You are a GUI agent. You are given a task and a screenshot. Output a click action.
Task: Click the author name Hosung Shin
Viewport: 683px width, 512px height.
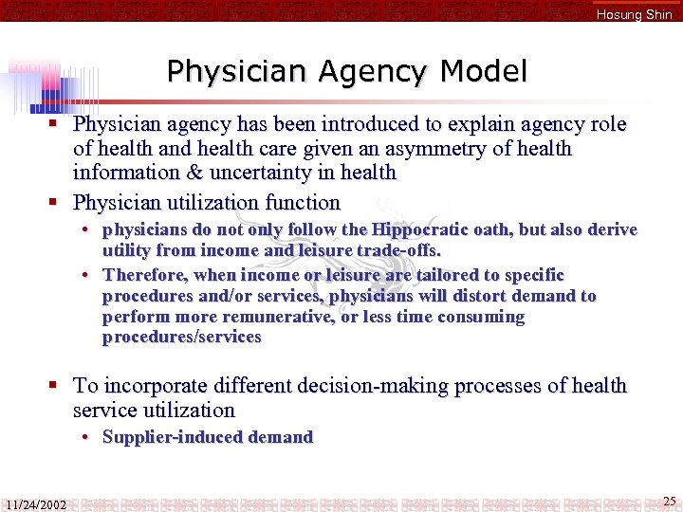(634, 14)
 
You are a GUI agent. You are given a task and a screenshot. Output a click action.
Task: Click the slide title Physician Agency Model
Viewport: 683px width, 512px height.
(346, 71)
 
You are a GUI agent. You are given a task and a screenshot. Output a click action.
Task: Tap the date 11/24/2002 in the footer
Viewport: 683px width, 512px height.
(35, 504)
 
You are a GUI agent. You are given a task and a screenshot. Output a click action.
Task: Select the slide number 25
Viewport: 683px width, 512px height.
(670, 501)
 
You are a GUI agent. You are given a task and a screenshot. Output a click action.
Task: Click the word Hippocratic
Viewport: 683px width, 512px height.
(416, 229)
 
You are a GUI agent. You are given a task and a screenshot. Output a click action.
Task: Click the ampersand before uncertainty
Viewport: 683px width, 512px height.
(218, 173)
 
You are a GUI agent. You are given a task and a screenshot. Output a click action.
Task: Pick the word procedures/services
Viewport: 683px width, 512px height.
(182, 338)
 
